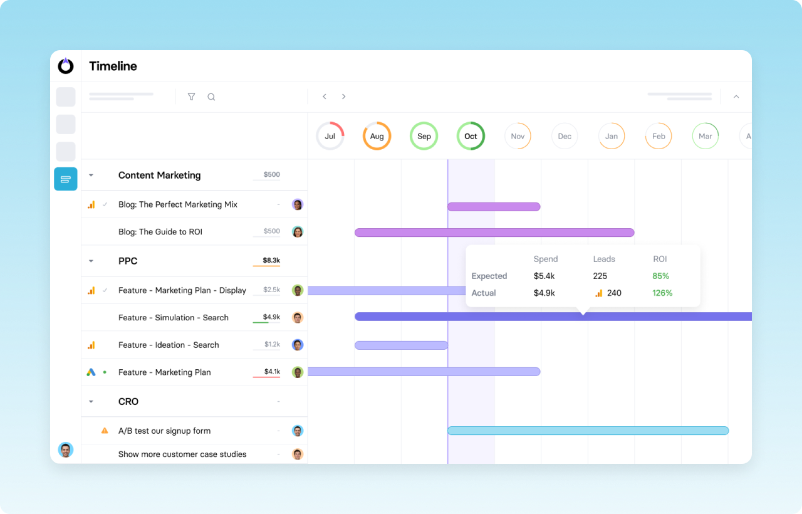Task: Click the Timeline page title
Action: coord(113,66)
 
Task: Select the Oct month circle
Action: coord(471,136)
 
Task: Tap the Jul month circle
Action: coord(330,136)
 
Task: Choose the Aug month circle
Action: coord(377,136)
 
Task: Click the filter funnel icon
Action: coord(192,97)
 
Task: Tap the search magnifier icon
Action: coord(211,97)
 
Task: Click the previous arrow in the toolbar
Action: coord(325,97)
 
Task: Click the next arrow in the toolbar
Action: coord(343,97)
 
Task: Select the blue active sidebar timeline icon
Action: coord(66,179)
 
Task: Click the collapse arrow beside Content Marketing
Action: coord(91,176)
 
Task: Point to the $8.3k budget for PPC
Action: coord(271,260)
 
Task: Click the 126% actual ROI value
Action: coord(662,293)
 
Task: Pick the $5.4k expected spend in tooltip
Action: coord(544,276)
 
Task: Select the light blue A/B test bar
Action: coord(588,431)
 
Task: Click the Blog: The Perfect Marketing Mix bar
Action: coord(494,207)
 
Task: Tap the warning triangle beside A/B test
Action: coord(105,431)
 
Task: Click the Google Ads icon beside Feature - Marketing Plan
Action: coord(91,372)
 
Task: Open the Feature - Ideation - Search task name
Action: coord(169,345)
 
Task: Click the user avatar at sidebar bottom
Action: coord(66,450)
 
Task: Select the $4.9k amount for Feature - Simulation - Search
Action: coord(271,317)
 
